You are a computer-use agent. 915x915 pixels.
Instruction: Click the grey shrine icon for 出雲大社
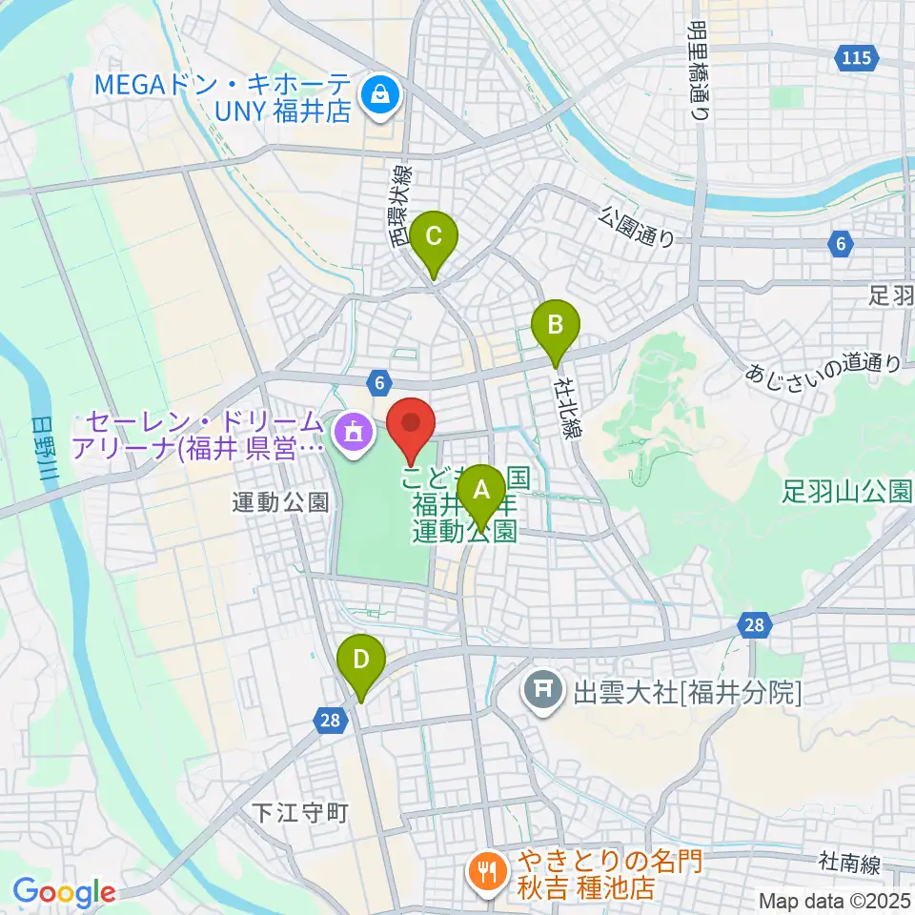tap(543, 690)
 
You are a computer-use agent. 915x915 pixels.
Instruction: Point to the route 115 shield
tap(855, 59)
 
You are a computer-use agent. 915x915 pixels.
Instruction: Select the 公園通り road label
tap(638, 227)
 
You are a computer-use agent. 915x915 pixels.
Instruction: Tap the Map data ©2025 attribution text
tap(833, 900)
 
